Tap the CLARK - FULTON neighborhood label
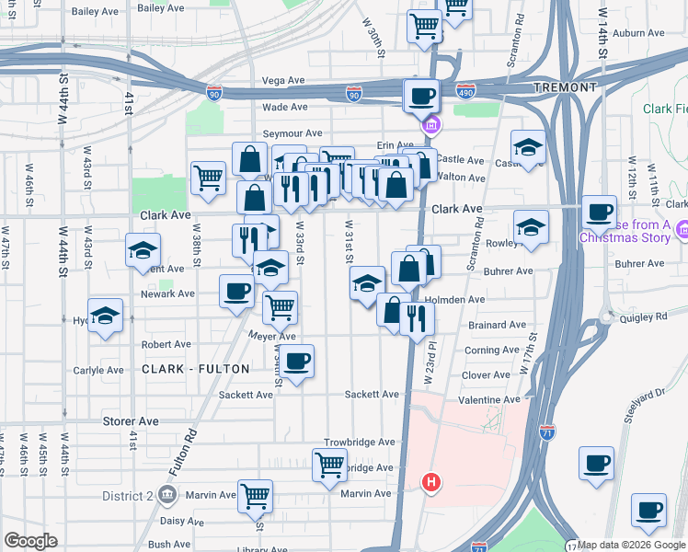(x=196, y=369)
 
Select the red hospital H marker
(x=430, y=481)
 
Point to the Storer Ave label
(x=131, y=420)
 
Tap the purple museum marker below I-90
(x=430, y=124)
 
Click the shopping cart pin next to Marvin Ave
(x=255, y=495)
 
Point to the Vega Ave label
(x=283, y=81)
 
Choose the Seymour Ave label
(x=292, y=133)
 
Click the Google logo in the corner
(x=31, y=541)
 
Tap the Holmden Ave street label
(x=460, y=299)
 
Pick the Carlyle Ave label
(x=98, y=370)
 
